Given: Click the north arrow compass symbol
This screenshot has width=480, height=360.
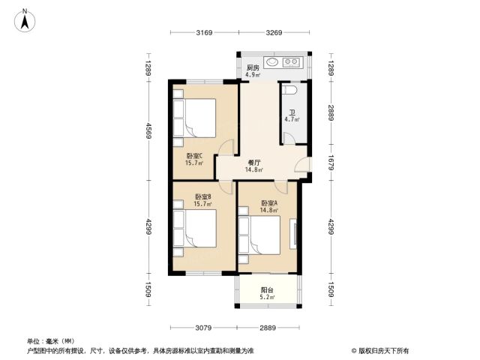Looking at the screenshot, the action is (25, 20).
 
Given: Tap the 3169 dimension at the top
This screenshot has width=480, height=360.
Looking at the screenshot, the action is (204, 32).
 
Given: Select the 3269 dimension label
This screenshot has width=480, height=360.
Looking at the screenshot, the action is (274, 32).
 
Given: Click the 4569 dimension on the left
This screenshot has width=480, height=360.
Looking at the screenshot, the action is (148, 130).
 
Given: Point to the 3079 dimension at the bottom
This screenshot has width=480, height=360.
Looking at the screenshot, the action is (203, 328).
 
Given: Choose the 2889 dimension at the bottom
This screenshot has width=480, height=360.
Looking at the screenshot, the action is (268, 328).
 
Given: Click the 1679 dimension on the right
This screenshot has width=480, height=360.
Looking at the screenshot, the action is (331, 162).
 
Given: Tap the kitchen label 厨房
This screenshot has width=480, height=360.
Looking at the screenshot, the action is (253, 67).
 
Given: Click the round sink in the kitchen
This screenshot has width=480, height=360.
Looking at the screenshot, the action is (272, 62).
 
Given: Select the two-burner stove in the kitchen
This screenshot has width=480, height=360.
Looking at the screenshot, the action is (292, 61).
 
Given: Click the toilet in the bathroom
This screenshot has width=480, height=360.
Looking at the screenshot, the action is (289, 90).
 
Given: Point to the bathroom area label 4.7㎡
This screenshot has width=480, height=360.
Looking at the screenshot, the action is (292, 119).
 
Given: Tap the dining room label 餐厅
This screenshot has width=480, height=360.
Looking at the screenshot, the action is (253, 163).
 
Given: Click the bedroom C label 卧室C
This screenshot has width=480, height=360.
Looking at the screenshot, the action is (194, 156).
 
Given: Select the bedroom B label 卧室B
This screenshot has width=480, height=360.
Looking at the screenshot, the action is (203, 196).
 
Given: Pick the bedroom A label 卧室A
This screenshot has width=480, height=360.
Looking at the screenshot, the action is (269, 203).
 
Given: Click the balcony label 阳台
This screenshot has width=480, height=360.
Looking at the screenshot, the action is (267, 290).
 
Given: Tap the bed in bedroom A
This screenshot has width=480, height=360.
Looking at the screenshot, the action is (259, 235).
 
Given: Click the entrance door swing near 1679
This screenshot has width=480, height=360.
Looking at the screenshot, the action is (302, 165).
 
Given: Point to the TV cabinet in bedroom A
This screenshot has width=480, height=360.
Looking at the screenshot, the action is (293, 234).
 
